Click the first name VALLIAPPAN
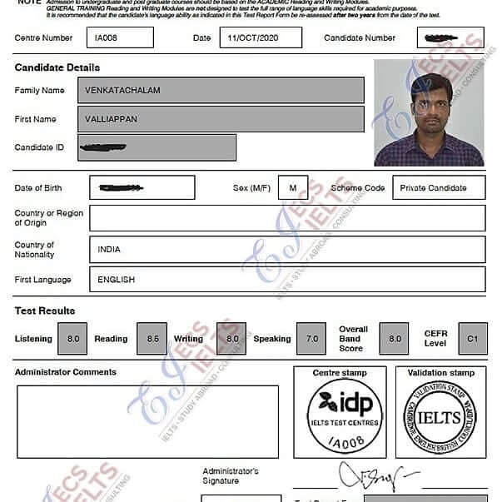111,119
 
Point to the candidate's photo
428,112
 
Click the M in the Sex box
292,187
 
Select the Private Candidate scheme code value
433,188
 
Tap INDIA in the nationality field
109,249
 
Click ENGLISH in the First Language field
116,280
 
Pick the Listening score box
73,339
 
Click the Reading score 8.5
152,339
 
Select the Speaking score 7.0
311,339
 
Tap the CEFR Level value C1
472,339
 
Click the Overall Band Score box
394,339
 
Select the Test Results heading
45,311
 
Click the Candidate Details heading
57,67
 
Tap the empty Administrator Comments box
147,421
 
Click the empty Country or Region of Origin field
286,218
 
